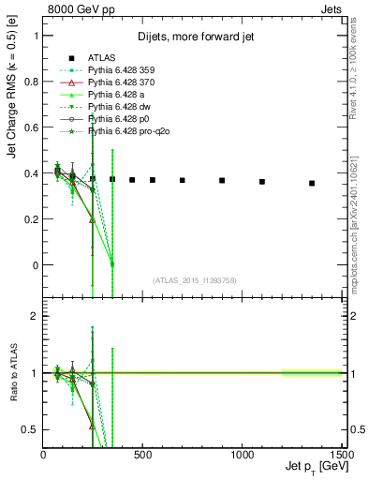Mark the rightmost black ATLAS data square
point(312,183)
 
